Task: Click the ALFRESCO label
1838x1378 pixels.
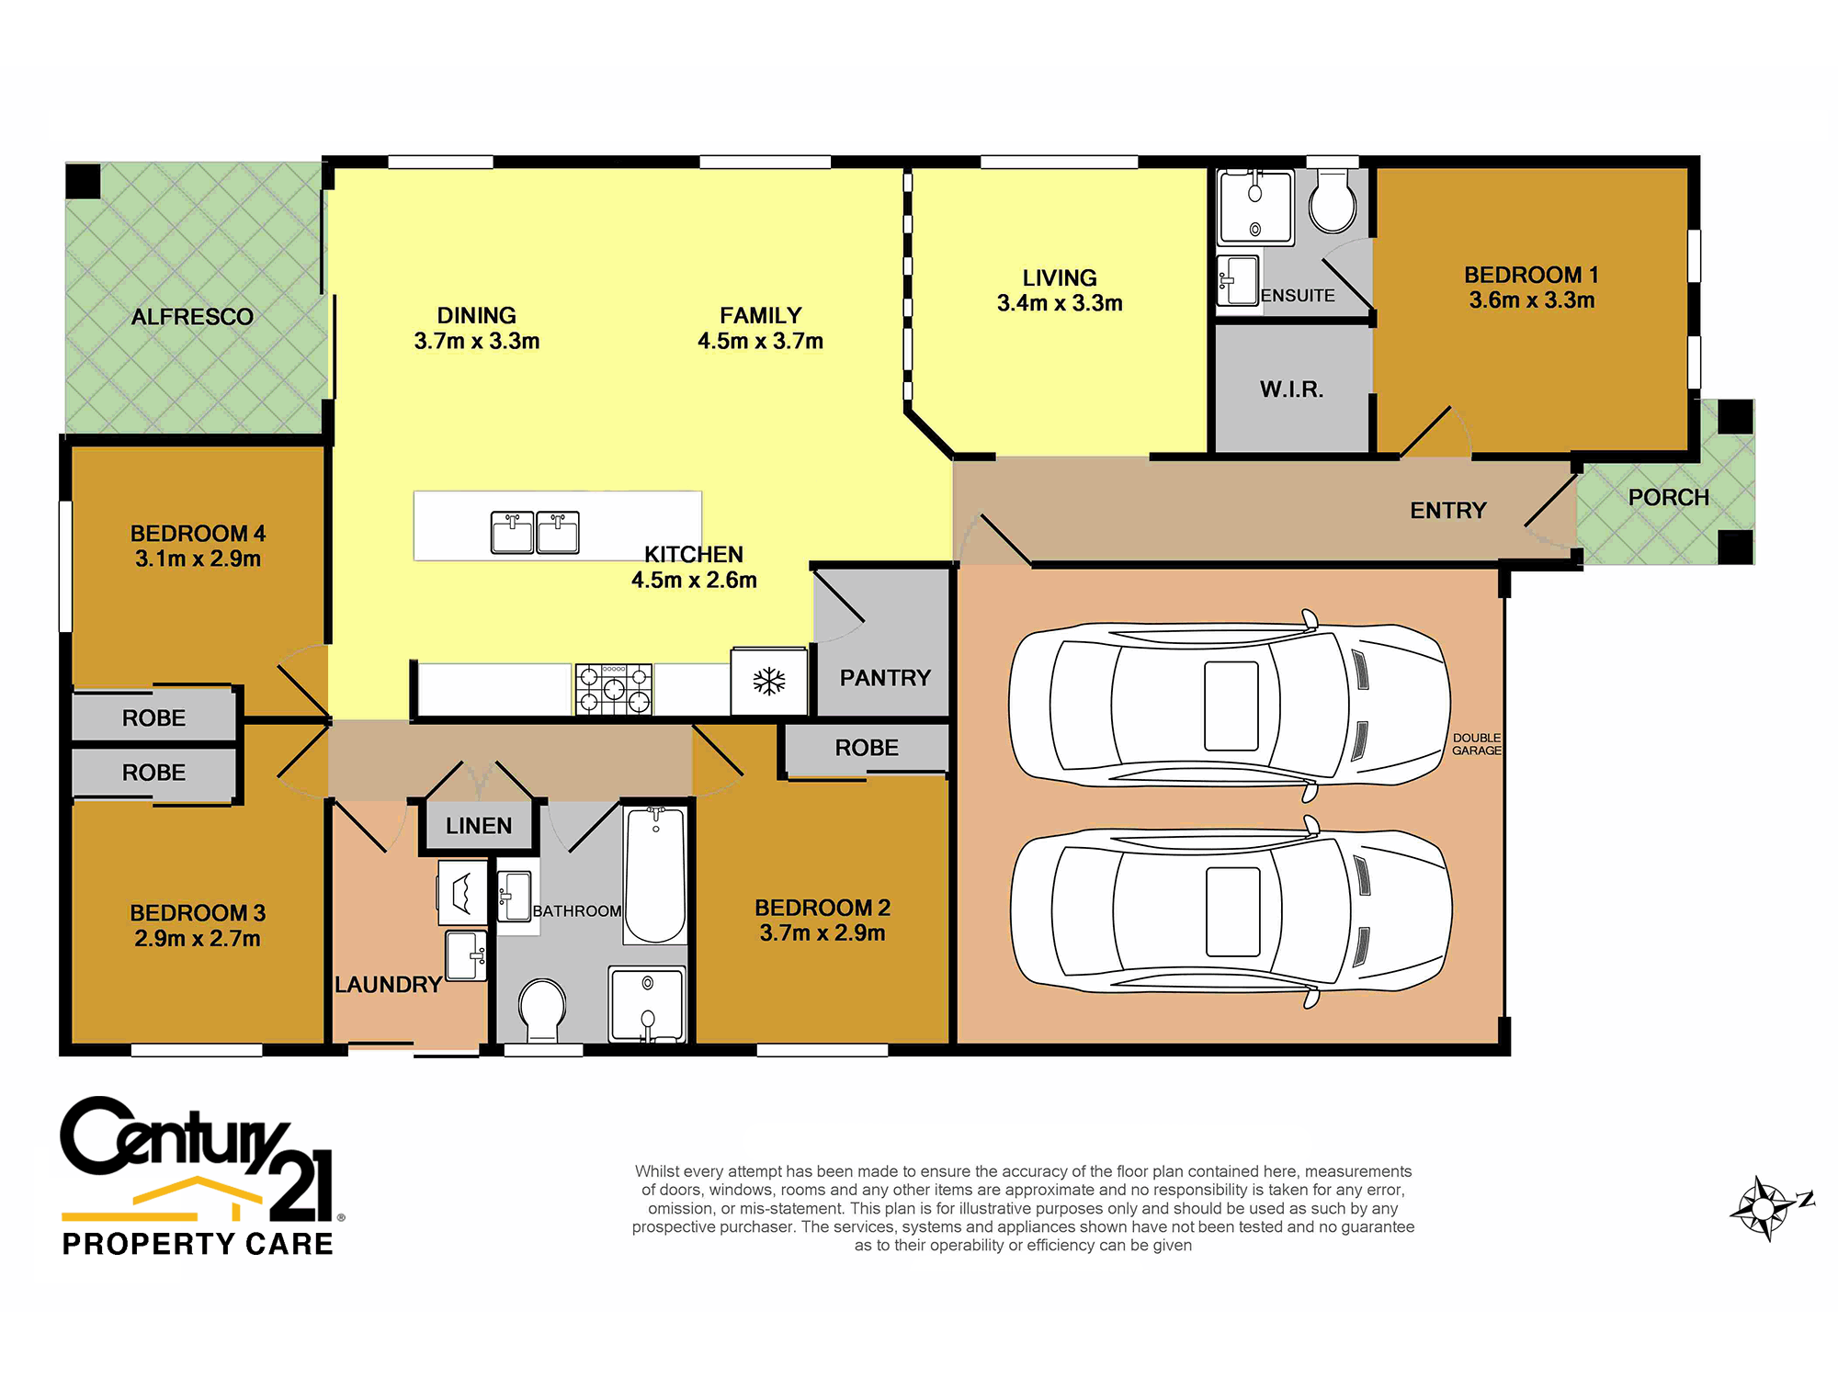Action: pyautogui.click(x=192, y=317)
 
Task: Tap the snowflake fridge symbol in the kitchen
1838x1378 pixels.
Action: pyautogui.click(x=769, y=681)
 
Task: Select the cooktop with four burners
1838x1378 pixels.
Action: pyautogui.click(x=614, y=689)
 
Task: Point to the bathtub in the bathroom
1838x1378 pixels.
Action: pyautogui.click(x=655, y=875)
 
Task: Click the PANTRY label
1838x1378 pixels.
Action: pyautogui.click(x=885, y=678)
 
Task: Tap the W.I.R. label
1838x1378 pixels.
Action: pyautogui.click(x=1291, y=390)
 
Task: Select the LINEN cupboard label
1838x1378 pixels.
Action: pyautogui.click(x=479, y=826)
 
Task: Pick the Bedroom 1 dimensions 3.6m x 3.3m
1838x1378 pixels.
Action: pyautogui.click(x=1531, y=300)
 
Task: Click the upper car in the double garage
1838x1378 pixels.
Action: pyautogui.click(x=1230, y=706)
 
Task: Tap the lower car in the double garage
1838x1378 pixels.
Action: pyautogui.click(x=1231, y=911)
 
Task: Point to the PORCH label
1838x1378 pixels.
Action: pyautogui.click(x=1669, y=497)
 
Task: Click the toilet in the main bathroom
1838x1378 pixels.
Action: pyautogui.click(x=542, y=1010)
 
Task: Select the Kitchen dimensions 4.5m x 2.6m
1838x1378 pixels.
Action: pyautogui.click(x=694, y=580)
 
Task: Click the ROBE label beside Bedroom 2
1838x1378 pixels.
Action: pyautogui.click(x=867, y=748)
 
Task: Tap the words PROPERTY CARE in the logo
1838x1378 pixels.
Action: pyautogui.click(x=198, y=1244)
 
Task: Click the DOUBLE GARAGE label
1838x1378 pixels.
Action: pyautogui.click(x=1477, y=744)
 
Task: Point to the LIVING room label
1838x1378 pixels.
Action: pyautogui.click(x=1060, y=277)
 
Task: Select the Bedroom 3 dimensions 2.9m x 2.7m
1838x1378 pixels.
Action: pyautogui.click(x=198, y=938)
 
